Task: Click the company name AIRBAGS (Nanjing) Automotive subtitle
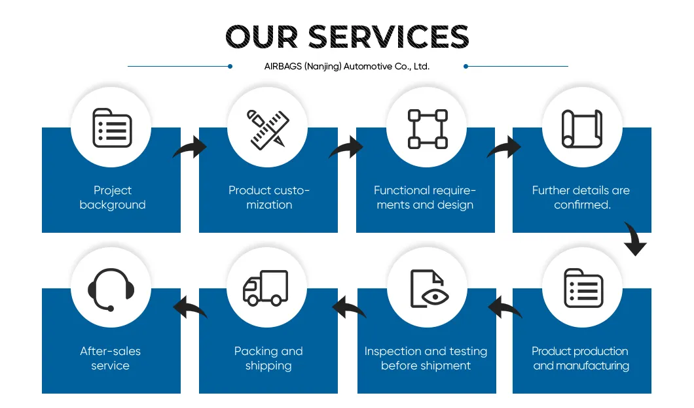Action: [x=346, y=66]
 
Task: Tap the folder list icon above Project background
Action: [x=111, y=127]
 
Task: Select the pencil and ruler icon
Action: [x=268, y=128]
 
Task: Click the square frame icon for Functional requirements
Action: [x=427, y=128]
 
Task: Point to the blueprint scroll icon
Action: [x=582, y=128]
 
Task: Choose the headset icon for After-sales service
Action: [x=111, y=289]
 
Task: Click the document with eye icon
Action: [x=427, y=288]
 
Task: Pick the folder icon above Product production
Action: [x=583, y=288]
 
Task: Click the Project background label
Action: [x=113, y=197]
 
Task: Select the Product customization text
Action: [x=269, y=197]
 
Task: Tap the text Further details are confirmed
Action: [x=581, y=197]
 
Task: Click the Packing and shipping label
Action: [x=268, y=358]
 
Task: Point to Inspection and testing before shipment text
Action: [x=426, y=358]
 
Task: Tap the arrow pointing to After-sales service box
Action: [x=190, y=307]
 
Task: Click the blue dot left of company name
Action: [x=230, y=66]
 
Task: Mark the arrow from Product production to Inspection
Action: [x=505, y=307]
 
